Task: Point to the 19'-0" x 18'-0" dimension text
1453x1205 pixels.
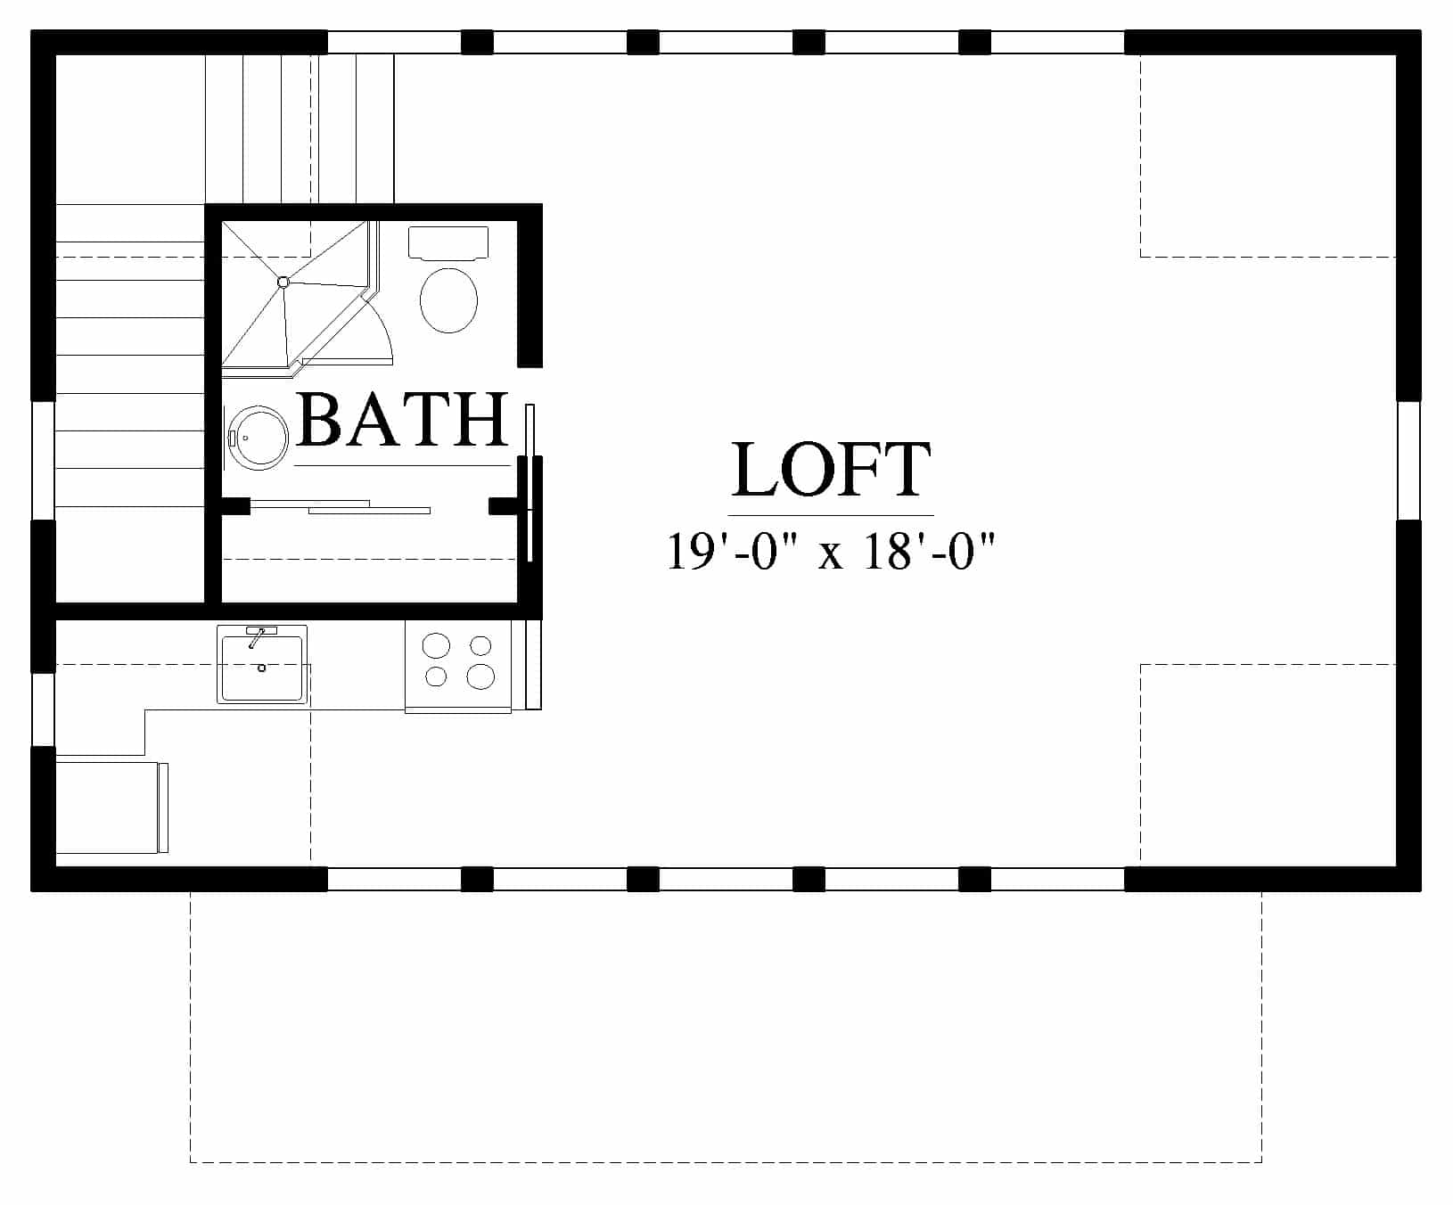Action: click(830, 551)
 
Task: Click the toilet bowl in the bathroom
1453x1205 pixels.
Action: click(448, 300)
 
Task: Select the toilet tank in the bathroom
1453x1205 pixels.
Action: click(448, 242)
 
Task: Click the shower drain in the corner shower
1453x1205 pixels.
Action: click(283, 283)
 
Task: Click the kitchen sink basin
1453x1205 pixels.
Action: click(262, 667)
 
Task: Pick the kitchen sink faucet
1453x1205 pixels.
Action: click(258, 636)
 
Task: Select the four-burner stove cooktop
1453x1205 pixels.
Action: click(458, 665)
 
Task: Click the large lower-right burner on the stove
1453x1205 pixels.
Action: click(480, 677)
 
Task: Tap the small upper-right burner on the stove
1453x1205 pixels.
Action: click(480, 645)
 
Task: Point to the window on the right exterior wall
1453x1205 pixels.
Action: click(1408, 460)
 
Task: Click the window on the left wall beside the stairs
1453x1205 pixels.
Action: click(43, 460)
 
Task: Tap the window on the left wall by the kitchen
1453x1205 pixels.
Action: click(43, 709)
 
